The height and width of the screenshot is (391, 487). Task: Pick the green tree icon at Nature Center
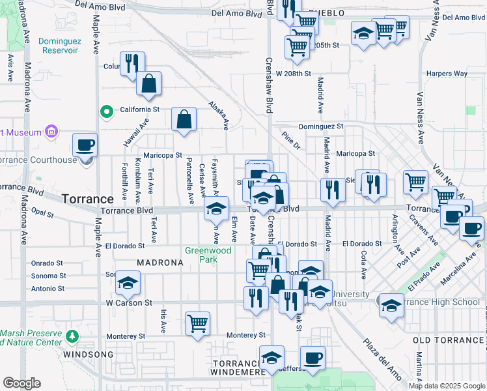pos(73,336)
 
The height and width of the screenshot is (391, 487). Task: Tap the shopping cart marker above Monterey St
pos(197,323)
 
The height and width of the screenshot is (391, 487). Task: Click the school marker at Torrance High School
pos(391,305)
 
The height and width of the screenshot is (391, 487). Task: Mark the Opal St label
pos(42,213)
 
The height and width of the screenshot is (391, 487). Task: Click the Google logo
pos(21,383)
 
